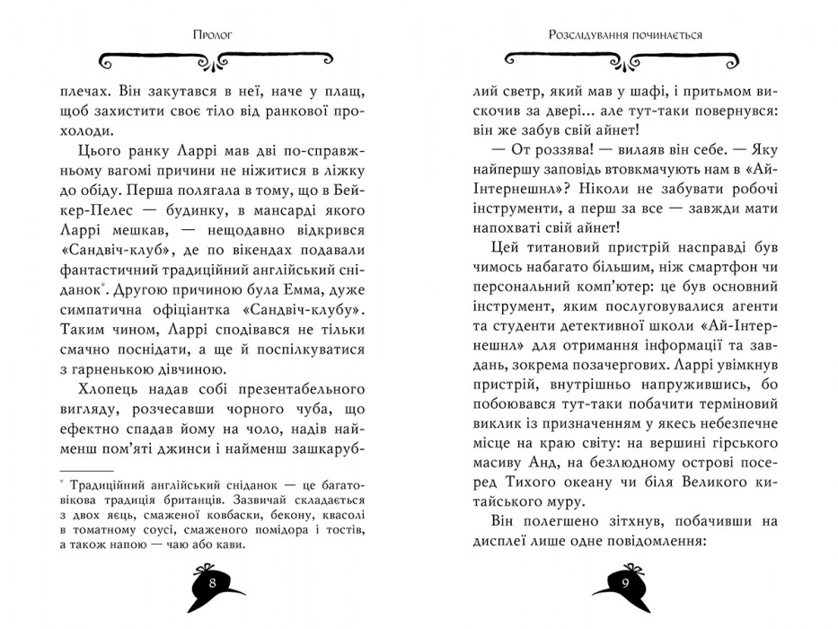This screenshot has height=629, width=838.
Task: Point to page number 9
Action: pyautogui.click(x=625, y=581)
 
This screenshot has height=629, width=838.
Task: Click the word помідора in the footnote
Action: pyautogui.click(x=277, y=531)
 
